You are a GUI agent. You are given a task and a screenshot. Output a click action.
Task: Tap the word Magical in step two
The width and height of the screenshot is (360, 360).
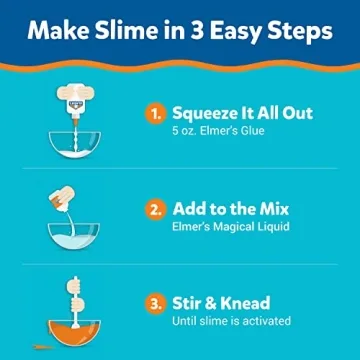233,228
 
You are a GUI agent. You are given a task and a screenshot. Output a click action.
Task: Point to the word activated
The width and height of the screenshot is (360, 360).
260,321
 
